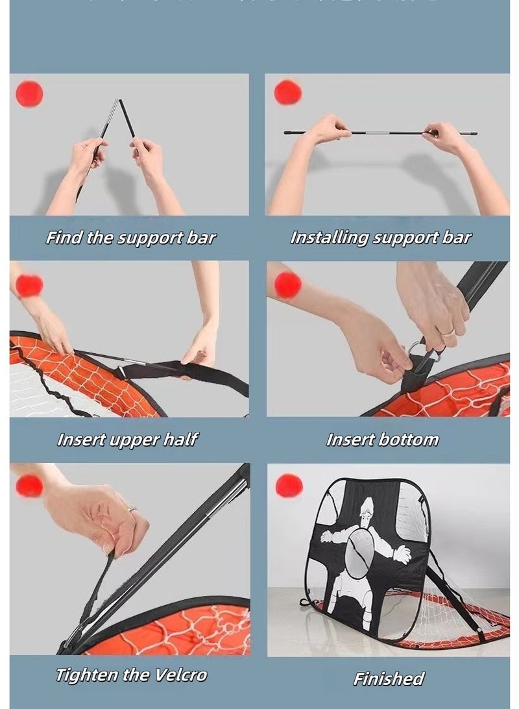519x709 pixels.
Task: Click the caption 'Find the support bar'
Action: [130, 238]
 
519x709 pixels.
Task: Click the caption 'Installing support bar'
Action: [380, 238]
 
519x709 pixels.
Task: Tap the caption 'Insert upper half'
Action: [127, 440]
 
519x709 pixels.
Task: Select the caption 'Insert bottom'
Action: [382, 440]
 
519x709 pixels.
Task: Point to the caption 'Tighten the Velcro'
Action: [131, 675]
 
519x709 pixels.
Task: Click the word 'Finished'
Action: [388, 679]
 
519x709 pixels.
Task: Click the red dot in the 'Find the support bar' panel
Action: [29, 94]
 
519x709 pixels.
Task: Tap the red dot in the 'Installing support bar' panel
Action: [288, 92]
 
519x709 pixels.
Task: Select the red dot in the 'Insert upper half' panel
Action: [29, 285]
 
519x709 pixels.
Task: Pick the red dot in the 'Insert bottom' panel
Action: [287, 284]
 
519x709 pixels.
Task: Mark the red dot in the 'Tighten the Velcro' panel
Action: [29, 486]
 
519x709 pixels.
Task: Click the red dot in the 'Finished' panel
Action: [289, 485]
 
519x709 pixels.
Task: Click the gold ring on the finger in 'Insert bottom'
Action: [448, 332]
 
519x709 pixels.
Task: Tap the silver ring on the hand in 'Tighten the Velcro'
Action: [132, 510]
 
